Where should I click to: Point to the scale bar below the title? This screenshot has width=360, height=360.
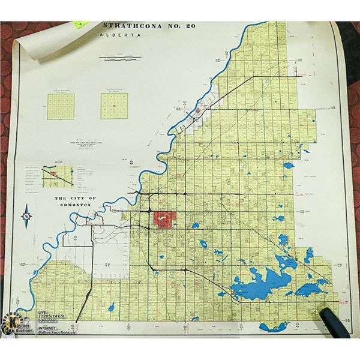click(x=121, y=58)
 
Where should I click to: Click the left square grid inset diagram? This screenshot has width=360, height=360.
click(x=61, y=106)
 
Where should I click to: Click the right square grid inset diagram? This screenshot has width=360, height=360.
click(x=114, y=106)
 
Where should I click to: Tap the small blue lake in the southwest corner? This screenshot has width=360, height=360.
click(x=111, y=307)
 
